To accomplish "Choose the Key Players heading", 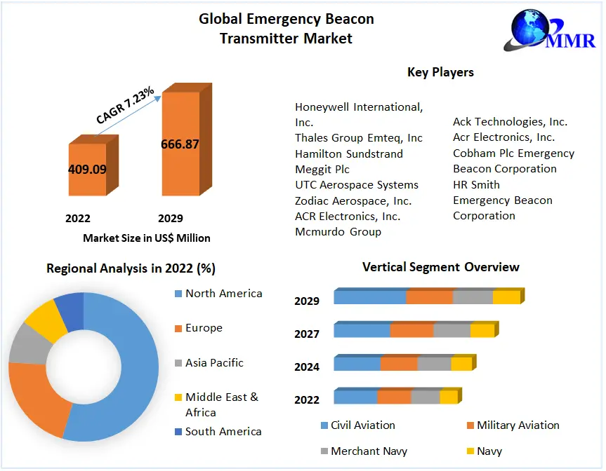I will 440,72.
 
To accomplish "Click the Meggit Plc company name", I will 322,169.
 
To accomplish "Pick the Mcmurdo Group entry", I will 338,231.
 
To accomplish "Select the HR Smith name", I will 476,184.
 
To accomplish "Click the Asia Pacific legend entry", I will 214,363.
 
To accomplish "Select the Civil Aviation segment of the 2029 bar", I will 370,297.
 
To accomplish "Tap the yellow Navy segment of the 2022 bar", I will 449,397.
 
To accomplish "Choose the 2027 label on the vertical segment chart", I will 307,334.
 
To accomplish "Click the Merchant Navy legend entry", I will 369,451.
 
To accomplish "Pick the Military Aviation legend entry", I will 518,425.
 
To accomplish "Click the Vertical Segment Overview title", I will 441,267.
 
